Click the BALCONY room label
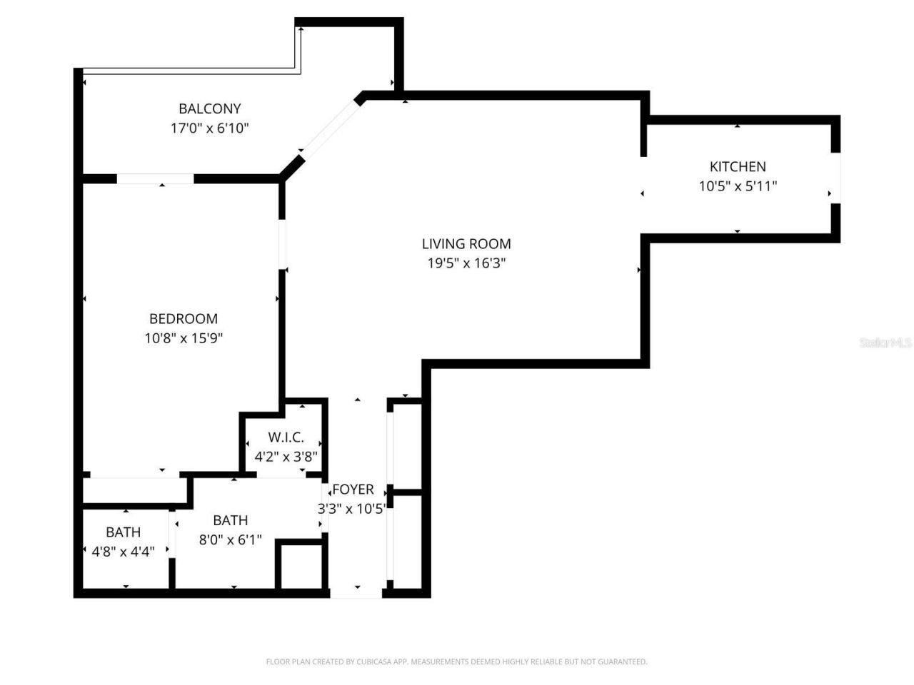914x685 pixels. (x=209, y=108)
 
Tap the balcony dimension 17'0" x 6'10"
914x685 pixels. (x=209, y=128)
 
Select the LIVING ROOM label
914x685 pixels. (x=466, y=244)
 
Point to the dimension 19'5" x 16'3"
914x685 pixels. (x=466, y=263)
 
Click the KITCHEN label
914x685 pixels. (x=738, y=166)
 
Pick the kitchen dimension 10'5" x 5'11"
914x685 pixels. (x=738, y=186)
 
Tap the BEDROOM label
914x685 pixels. (x=184, y=318)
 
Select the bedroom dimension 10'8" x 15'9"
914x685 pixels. (x=184, y=338)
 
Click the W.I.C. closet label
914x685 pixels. (x=286, y=437)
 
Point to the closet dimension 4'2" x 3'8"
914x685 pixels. (x=286, y=456)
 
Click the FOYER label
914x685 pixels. (x=353, y=489)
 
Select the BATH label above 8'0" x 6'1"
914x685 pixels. (x=230, y=521)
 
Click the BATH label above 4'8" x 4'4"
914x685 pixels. (x=123, y=532)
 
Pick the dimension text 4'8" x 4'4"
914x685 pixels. (x=123, y=552)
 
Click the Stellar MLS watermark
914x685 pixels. (x=885, y=343)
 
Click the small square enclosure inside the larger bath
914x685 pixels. (x=300, y=566)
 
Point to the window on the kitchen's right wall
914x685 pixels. (x=835, y=178)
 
